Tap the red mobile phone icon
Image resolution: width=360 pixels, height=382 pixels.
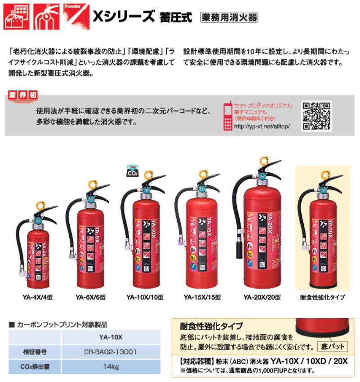pos(228,116)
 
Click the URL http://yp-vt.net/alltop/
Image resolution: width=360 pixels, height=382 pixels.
pos(262,126)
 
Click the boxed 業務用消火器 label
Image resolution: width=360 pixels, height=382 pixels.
pos(229,18)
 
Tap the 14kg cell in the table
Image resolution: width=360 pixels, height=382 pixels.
pos(111,367)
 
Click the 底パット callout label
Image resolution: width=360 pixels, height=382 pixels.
pos(333,346)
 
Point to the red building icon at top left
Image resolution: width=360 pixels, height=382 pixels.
pos(16,17)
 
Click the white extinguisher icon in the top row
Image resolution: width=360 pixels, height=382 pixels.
pos(46,17)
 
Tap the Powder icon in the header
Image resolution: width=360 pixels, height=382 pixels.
pos(76,17)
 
